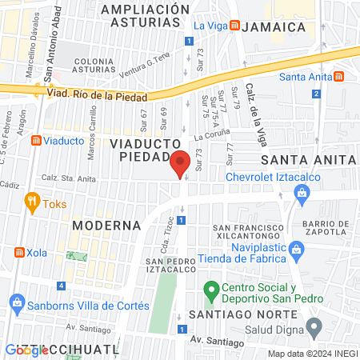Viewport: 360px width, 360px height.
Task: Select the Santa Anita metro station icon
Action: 340,77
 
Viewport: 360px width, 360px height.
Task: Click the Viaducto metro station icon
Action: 35,141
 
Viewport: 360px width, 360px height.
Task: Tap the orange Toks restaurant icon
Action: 32,200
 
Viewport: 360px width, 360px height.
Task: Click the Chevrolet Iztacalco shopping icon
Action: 302,192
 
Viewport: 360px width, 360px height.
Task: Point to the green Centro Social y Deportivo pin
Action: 211,288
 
